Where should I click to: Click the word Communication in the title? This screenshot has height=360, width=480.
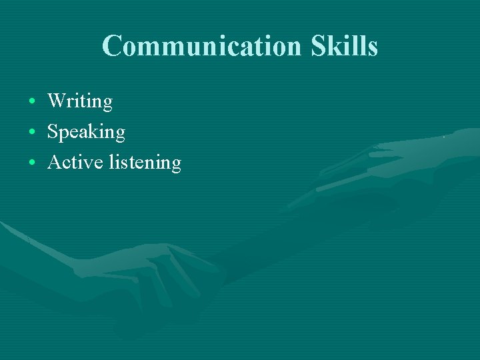(x=202, y=46)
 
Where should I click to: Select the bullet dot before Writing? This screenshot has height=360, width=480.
(x=32, y=102)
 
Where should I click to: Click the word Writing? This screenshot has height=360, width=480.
(x=80, y=101)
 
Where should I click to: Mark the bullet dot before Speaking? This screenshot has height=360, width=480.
(x=32, y=133)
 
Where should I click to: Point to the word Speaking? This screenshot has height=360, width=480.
(x=86, y=133)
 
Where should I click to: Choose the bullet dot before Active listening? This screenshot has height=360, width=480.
(x=32, y=163)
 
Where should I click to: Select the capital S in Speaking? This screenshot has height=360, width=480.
(x=53, y=132)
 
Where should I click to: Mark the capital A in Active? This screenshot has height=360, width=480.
(x=55, y=162)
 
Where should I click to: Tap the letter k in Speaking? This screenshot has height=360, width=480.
(x=93, y=131)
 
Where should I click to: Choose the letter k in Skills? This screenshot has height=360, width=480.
(x=334, y=46)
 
